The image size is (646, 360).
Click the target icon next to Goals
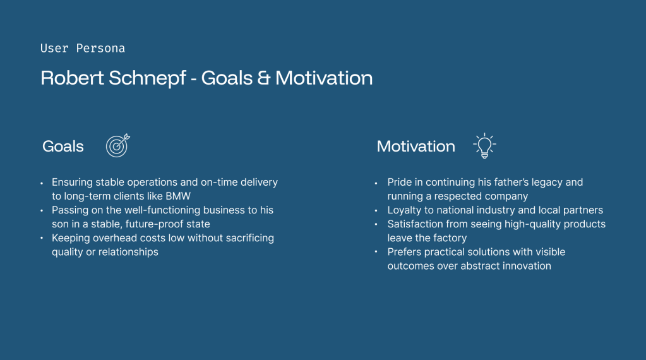point(118,145)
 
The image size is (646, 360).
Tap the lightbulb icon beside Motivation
point(484,146)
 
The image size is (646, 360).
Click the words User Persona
point(82,48)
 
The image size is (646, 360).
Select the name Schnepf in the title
point(147,78)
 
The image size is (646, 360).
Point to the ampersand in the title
point(264,78)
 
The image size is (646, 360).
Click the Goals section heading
point(63,147)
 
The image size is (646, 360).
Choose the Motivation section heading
point(416,147)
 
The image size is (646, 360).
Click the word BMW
point(178,196)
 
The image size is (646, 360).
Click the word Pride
point(399,182)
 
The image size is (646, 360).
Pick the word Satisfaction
point(415,224)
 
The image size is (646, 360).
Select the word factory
point(450,238)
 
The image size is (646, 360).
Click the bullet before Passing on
point(42,210)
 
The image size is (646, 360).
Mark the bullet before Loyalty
point(376,210)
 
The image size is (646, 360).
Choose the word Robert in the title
point(72,78)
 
